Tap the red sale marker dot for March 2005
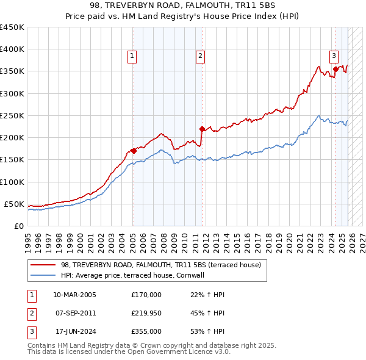point(134,151)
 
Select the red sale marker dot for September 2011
point(201,129)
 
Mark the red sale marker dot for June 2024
point(335,69)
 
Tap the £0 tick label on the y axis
point(18,226)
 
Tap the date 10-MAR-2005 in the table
point(74,295)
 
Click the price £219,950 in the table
point(146,313)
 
